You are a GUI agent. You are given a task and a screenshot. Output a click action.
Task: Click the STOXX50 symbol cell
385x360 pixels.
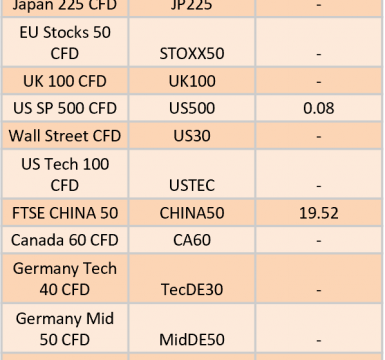[192, 54]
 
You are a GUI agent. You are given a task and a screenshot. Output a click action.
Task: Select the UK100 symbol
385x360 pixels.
[192, 81]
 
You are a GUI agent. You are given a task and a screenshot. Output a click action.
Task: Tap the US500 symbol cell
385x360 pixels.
[192, 108]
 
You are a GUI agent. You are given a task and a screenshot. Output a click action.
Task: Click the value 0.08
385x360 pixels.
[319, 108]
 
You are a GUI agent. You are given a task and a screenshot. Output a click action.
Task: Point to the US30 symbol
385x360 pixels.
[192, 136]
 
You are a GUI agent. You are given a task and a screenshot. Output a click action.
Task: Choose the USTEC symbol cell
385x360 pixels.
[192, 185]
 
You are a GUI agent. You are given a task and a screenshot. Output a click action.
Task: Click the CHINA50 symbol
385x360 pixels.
[192, 213]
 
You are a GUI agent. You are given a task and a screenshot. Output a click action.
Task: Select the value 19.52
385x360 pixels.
[319, 213]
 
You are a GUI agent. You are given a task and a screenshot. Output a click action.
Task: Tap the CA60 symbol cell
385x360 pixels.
[192, 240]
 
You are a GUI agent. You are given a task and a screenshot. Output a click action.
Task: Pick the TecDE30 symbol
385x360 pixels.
[192, 289]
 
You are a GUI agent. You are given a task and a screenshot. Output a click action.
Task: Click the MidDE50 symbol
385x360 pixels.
[192, 340]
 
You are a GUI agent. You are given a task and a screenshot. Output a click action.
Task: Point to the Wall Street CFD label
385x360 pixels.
[65, 136]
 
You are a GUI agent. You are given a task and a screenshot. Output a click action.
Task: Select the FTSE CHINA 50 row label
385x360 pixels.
[65, 213]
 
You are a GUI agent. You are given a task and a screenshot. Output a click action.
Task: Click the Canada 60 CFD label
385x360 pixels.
[65, 240]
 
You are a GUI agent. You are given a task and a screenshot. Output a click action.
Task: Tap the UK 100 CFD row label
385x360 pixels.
[65, 81]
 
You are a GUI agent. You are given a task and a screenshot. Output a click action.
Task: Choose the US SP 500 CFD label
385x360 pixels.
[65, 108]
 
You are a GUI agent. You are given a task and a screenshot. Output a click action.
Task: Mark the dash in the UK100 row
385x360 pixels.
[319, 82]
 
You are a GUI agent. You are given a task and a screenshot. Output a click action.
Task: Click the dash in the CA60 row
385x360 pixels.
[319, 240]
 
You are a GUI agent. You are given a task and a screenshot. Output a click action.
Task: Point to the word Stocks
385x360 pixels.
[66, 32]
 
